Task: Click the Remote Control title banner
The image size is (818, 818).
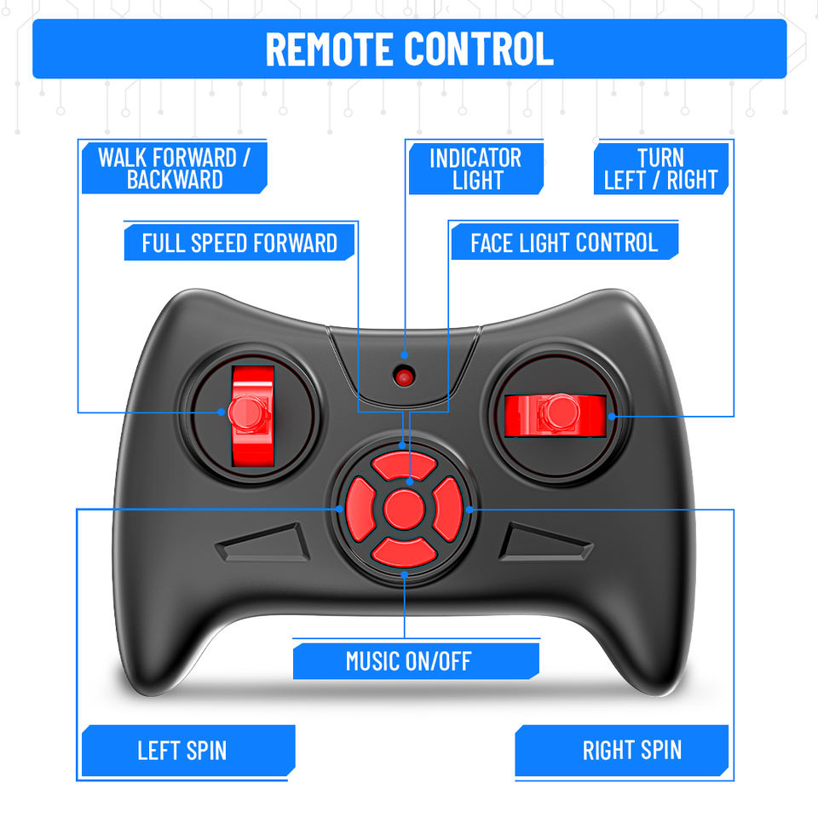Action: click(409, 49)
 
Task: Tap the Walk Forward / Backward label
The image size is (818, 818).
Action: click(174, 168)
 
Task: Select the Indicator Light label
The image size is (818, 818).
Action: click(475, 168)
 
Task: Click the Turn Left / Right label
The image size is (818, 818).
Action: click(660, 168)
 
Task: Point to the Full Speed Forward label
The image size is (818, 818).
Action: click(239, 243)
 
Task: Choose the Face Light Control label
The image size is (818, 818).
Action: click(564, 243)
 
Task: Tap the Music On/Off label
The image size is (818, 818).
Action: click(408, 660)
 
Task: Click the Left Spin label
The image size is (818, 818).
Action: click(182, 751)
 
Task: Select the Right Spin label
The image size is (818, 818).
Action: click(631, 751)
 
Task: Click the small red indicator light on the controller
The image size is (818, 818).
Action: click(404, 375)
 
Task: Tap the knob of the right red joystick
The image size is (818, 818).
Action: click(559, 413)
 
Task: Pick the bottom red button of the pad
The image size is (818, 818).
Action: click(405, 551)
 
